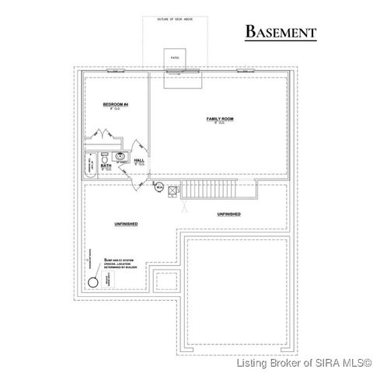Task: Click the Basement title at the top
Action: (281, 32)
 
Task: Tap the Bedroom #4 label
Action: (114, 103)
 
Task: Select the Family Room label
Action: (219, 119)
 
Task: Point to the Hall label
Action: (140, 161)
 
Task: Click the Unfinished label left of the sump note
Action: (126, 224)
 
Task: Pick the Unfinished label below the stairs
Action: (228, 213)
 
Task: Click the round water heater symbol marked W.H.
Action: (159, 186)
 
